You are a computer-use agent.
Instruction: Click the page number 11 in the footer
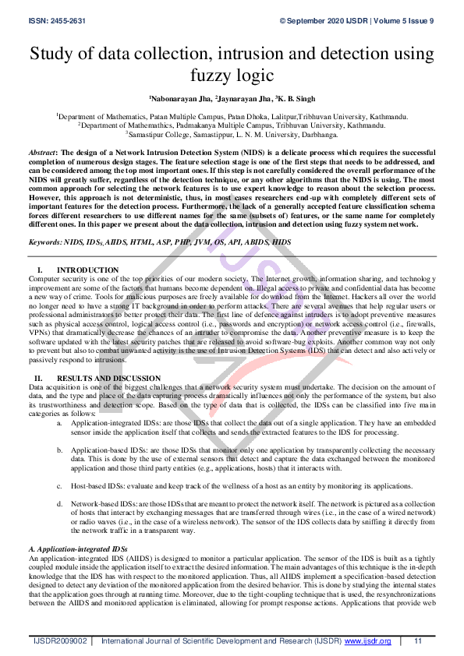(x=418, y=640)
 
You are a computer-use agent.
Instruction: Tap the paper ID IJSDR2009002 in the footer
(x=59, y=640)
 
